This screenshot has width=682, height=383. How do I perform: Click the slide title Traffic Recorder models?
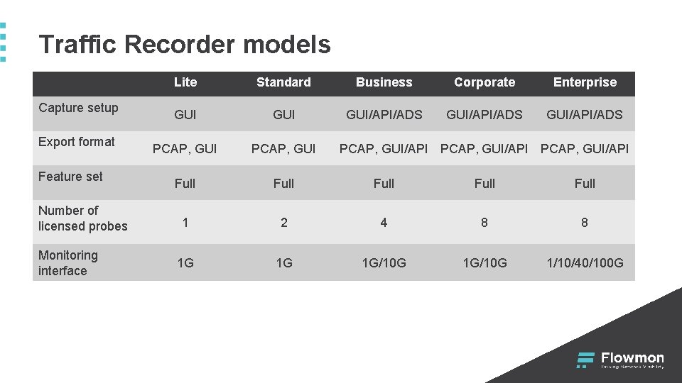185,45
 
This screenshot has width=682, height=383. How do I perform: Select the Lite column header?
185,82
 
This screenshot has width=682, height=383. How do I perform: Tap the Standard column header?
283,82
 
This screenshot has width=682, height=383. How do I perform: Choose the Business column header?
384,82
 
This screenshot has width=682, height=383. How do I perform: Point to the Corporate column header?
485,82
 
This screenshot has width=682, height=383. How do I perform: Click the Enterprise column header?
585,82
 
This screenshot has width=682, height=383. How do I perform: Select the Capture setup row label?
78,108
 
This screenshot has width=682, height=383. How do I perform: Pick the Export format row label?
76,142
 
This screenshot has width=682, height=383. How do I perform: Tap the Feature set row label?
70,177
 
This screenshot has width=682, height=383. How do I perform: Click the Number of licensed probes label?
82,218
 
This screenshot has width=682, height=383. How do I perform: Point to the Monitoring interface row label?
68,263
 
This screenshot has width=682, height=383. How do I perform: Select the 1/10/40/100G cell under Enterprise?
585,263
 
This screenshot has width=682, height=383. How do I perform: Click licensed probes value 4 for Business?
384,223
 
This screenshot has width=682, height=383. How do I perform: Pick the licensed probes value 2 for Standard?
283,223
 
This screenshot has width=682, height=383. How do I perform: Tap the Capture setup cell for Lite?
185,115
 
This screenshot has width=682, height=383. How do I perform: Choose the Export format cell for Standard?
283,149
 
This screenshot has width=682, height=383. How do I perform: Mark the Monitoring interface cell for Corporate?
485,263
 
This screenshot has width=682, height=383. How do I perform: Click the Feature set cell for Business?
384,184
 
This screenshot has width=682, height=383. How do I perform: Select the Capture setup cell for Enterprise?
585,115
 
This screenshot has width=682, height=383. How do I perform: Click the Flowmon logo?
620,360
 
